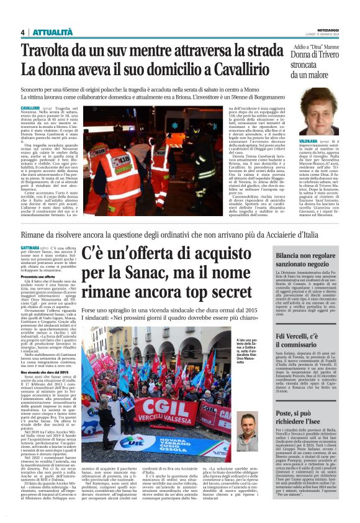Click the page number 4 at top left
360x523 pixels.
(x=23, y=33)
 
